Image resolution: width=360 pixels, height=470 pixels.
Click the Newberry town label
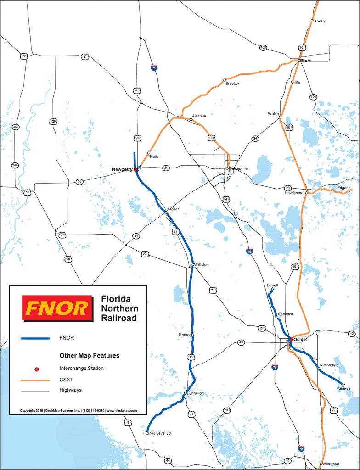coord(122,169)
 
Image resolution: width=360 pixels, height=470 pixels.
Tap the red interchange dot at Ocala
coord(291,340)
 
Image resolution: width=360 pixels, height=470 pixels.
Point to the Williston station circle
coord(193,265)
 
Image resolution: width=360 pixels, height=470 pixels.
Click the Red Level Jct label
coord(160,433)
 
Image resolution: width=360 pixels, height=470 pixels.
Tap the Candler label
coord(344,389)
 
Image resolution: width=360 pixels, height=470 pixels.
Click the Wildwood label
coord(331,464)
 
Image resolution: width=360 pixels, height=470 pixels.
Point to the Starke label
coord(306,61)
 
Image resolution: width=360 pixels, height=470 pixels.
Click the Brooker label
coord(232,84)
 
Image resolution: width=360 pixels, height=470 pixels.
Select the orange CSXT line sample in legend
coord(35,380)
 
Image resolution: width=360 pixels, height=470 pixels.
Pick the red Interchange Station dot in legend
coord(35,368)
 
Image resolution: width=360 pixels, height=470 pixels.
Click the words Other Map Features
coord(90,355)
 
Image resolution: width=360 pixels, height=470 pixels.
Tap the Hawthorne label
coord(295,193)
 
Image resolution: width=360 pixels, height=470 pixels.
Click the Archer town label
coord(173,209)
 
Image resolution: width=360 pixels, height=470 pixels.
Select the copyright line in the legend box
coord(79,411)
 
